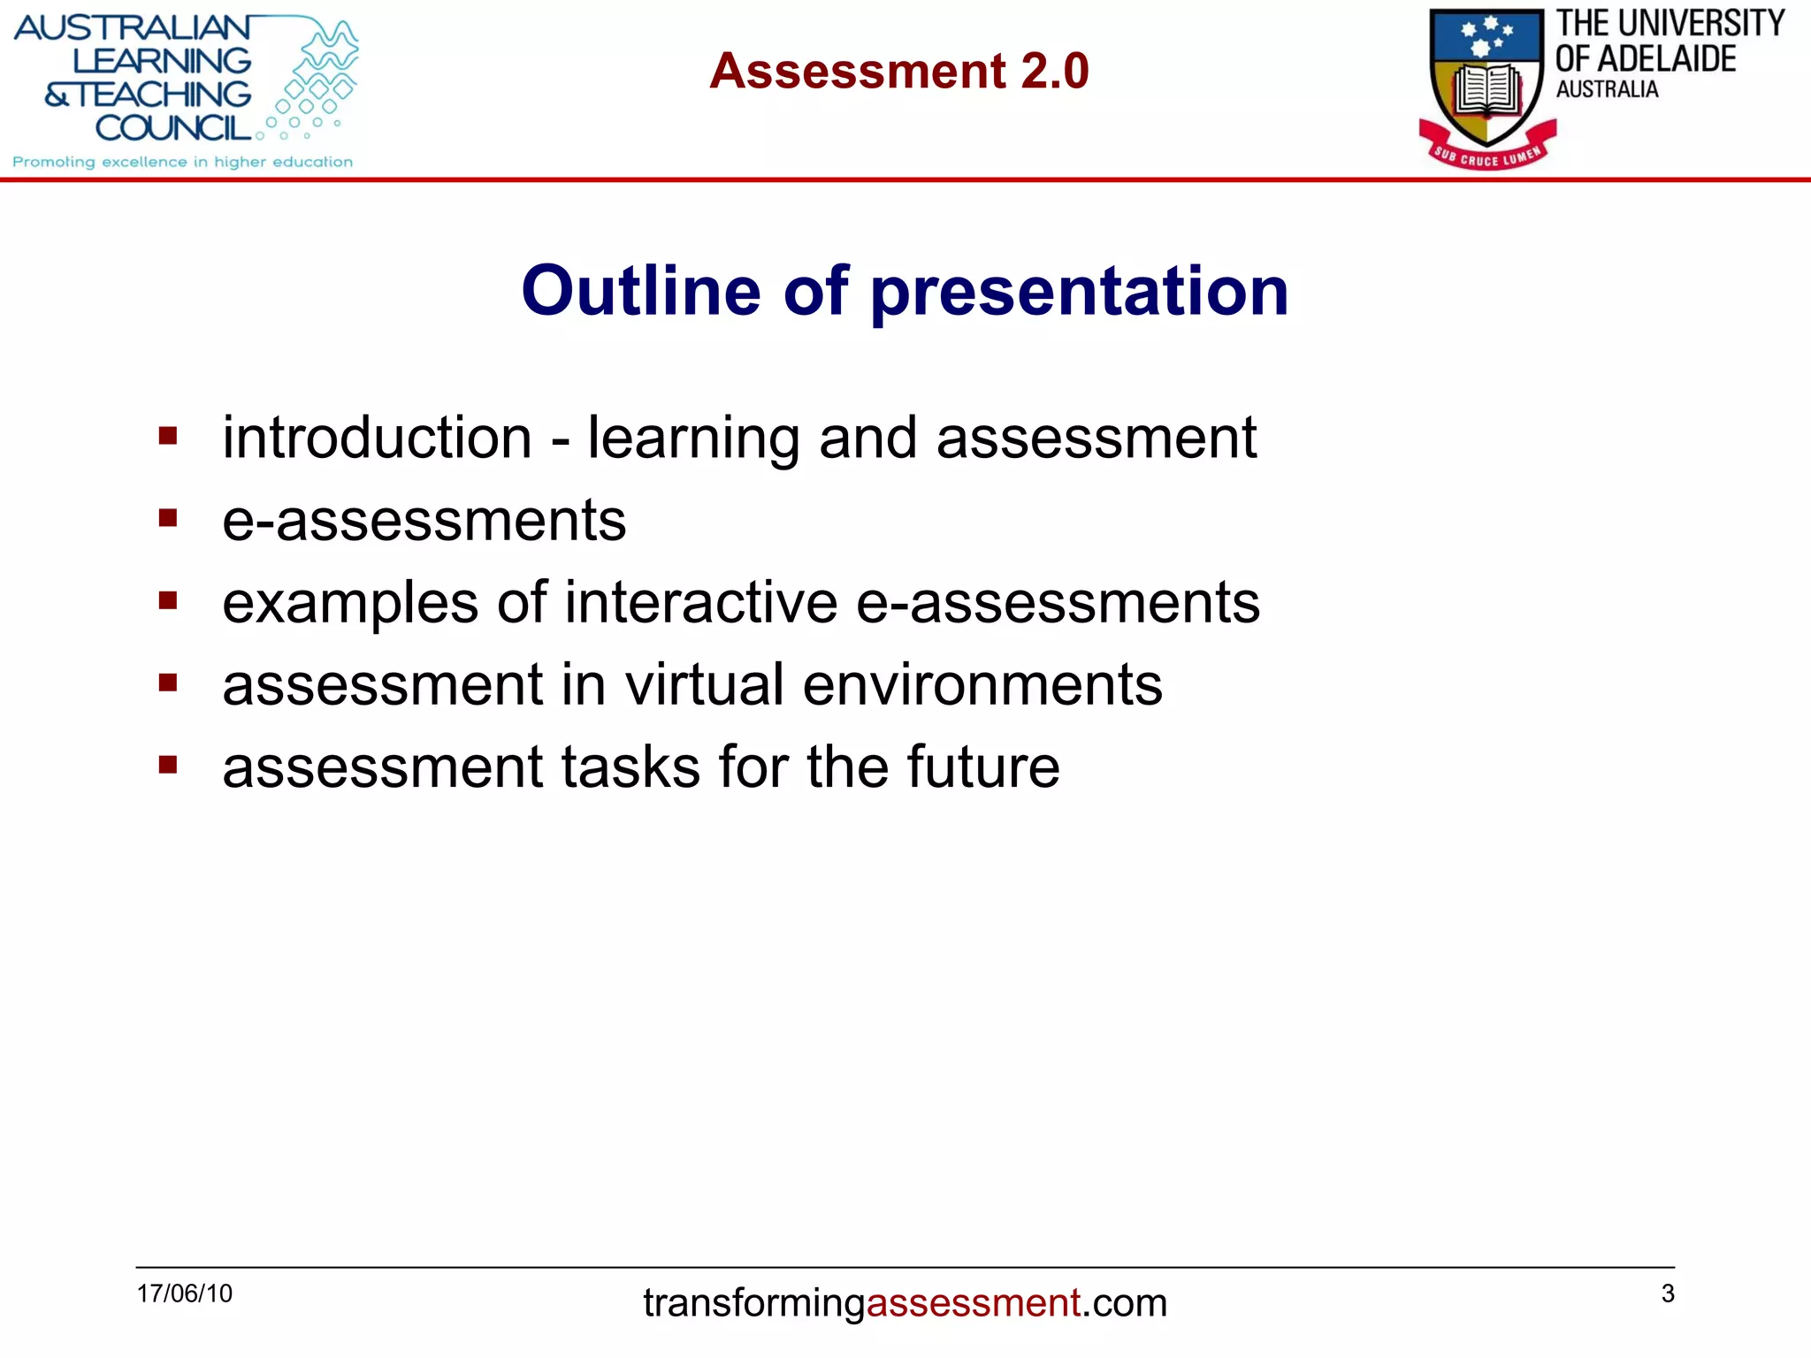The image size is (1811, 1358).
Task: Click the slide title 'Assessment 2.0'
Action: pos(898,71)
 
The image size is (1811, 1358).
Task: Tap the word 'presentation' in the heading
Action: pos(1079,292)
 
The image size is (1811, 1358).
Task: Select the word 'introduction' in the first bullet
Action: pos(377,438)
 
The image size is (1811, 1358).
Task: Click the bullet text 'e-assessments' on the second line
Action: pos(424,520)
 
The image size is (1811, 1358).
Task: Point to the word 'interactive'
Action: pos(700,602)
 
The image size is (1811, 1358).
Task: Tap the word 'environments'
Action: pos(982,686)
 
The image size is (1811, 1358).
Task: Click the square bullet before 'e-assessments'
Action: pos(168,517)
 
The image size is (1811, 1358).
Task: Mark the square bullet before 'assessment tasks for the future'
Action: pos(168,764)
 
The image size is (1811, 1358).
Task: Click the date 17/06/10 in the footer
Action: pos(184,1293)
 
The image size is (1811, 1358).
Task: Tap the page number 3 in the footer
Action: pos(1668,1293)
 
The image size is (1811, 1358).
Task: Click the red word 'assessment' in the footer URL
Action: pos(973,1303)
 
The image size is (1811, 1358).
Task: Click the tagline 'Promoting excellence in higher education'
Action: pos(182,162)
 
